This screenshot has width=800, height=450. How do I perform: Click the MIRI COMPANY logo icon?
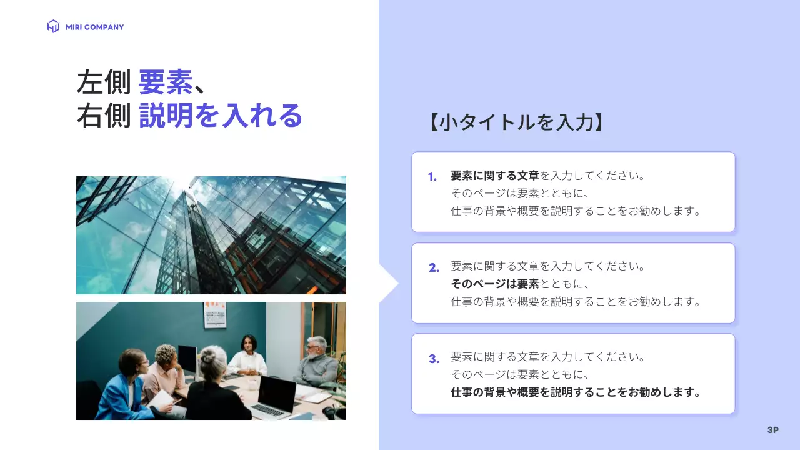pyautogui.click(x=53, y=26)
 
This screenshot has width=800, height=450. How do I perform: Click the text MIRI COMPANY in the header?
pyautogui.click(x=94, y=27)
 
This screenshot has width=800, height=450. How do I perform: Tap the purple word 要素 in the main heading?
pyautogui.click(x=166, y=82)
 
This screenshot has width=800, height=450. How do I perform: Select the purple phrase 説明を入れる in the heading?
pyautogui.click(x=221, y=116)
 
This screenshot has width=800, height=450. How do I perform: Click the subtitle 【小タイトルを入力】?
pyautogui.click(x=516, y=122)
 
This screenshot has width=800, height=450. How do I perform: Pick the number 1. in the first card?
pyautogui.click(x=432, y=177)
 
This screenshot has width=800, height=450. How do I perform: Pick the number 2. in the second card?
pyautogui.click(x=434, y=268)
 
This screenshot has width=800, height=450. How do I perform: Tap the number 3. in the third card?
pyautogui.click(x=434, y=359)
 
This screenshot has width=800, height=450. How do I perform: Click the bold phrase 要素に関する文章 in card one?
pyautogui.click(x=495, y=176)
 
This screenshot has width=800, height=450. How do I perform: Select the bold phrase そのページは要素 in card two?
pyautogui.click(x=495, y=284)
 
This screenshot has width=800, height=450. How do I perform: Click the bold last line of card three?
pyautogui.click(x=575, y=392)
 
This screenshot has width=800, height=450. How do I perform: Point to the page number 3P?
pyautogui.click(x=773, y=430)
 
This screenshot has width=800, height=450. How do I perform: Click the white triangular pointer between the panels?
pyautogui.click(x=388, y=284)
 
